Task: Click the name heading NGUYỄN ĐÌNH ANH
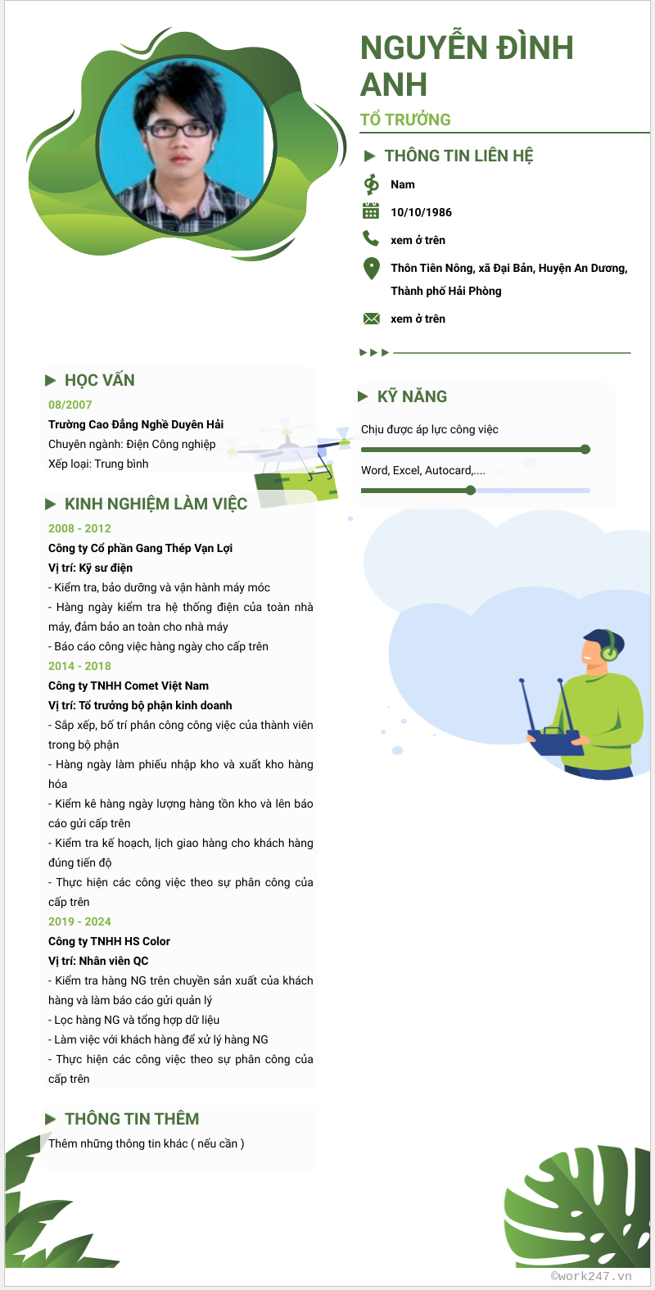(x=467, y=66)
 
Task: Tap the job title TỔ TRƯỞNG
(x=405, y=120)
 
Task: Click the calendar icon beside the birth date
(x=371, y=211)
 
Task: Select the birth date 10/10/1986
(x=421, y=212)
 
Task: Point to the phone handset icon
(x=371, y=238)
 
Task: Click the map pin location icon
(x=371, y=268)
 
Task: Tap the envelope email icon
(x=371, y=319)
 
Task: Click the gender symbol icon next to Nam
(x=371, y=184)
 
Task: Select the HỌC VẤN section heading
(x=99, y=380)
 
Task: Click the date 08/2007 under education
(x=70, y=405)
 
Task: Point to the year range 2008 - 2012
(x=79, y=528)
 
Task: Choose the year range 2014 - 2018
(x=79, y=666)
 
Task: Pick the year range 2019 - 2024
(x=79, y=921)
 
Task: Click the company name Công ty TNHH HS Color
(x=109, y=941)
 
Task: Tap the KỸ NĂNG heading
(x=412, y=396)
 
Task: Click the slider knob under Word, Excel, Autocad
(x=470, y=491)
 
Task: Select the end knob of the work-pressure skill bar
(x=585, y=449)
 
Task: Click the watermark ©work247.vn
(x=591, y=1275)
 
